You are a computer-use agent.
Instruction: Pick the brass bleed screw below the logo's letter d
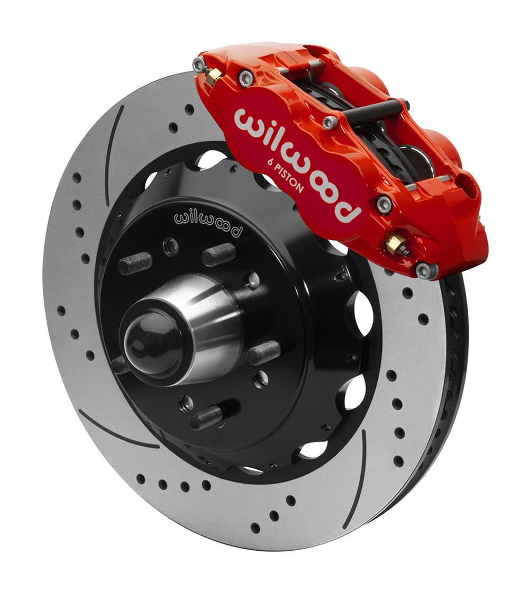pos(396,244)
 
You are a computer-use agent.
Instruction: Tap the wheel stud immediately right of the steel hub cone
pos(264,352)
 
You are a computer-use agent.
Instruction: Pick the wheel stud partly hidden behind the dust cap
pos(120,365)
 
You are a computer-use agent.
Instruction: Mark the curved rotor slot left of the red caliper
pos(113,153)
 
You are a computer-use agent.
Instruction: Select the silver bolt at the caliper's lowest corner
pos(426,270)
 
